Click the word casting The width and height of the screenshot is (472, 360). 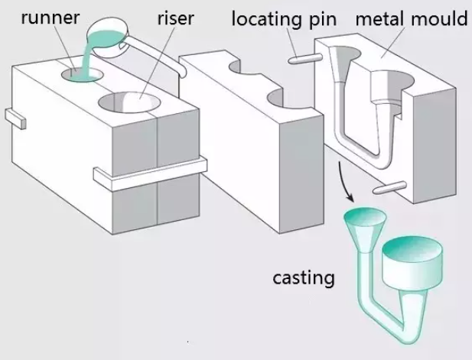(304, 277)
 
